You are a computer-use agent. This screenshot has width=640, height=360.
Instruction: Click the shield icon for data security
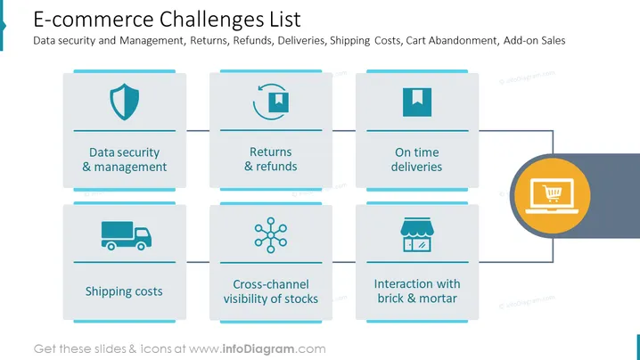(x=125, y=102)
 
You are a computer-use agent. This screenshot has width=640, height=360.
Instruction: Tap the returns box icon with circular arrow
(x=271, y=102)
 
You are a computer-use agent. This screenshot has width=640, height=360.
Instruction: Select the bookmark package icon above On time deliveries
(x=417, y=102)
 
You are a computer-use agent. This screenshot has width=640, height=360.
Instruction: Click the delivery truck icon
(x=126, y=235)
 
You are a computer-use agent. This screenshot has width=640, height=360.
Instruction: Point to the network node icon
(x=271, y=235)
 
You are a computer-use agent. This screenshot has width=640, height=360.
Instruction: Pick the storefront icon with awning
(x=417, y=234)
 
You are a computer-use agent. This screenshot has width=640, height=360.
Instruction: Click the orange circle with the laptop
(x=553, y=196)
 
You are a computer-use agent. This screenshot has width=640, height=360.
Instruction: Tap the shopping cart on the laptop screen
(x=553, y=192)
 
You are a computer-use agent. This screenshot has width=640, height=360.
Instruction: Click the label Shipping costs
(x=124, y=291)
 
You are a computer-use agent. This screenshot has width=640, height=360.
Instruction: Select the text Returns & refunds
(x=271, y=160)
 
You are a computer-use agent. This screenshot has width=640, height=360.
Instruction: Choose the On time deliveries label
(x=417, y=160)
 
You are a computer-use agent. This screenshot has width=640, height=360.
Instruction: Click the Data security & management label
(x=125, y=160)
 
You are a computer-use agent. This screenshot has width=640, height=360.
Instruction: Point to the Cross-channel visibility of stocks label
(x=271, y=291)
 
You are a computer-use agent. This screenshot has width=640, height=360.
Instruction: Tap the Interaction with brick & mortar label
(x=417, y=291)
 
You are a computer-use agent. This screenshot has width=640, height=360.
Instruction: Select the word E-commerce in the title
(x=94, y=20)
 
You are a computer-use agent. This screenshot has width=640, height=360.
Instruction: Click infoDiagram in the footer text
(x=258, y=349)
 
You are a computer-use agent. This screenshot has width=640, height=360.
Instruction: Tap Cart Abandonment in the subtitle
(x=452, y=40)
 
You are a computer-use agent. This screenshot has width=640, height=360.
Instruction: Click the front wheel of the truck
(x=141, y=246)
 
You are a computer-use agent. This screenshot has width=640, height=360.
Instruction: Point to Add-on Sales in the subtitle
(x=534, y=40)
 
